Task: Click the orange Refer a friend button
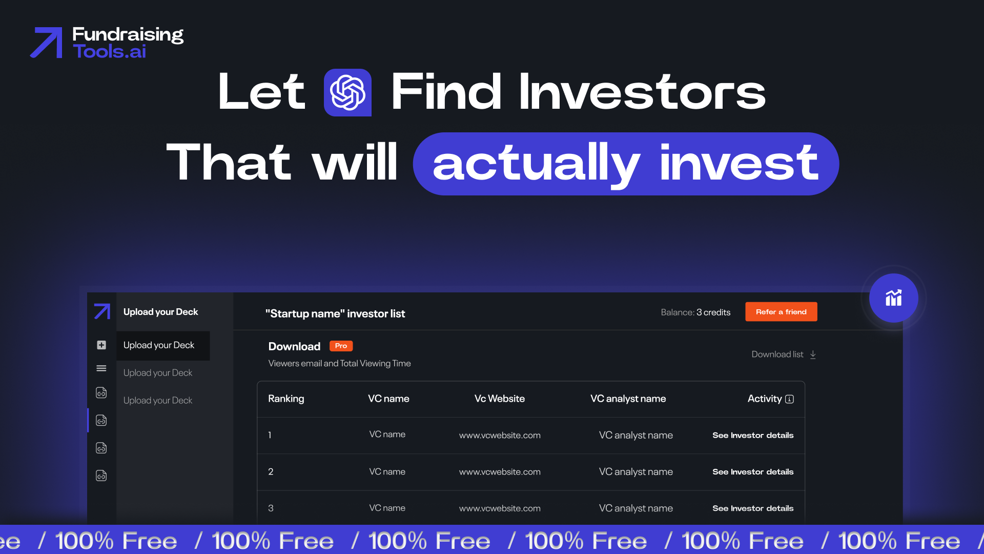tap(781, 312)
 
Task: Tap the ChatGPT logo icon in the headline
tap(347, 92)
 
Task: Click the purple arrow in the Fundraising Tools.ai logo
tap(47, 43)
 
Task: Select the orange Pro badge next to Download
tap(341, 346)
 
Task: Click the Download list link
tap(783, 354)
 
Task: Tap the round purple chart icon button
tap(893, 298)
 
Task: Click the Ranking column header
tap(286, 399)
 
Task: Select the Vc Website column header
tap(499, 399)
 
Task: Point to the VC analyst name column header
tap(628, 399)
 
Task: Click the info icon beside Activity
tap(789, 399)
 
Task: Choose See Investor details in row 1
tap(752, 436)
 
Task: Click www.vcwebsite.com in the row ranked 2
tap(500, 472)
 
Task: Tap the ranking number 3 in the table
tap(271, 508)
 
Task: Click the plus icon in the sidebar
tap(101, 345)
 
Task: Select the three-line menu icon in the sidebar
tap(101, 368)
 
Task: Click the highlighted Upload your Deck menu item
tap(159, 345)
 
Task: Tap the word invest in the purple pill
tap(739, 164)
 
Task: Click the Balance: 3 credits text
tap(695, 312)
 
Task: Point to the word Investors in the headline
tap(642, 92)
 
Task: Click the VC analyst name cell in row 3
tap(635, 508)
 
